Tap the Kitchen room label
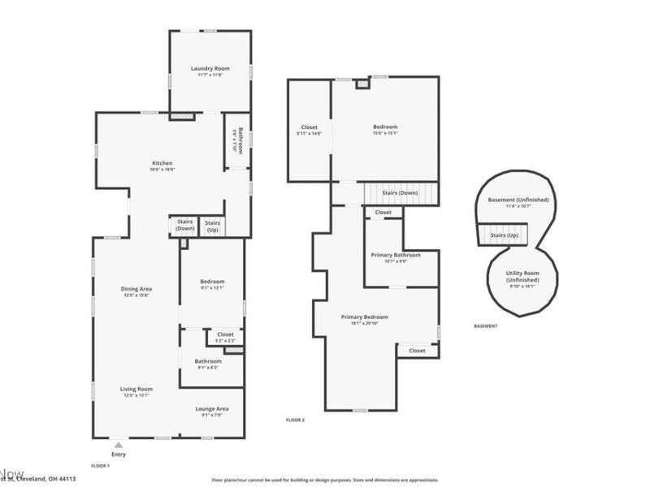(161, 163)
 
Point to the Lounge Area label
(211, 409)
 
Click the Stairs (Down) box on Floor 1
(184, 226)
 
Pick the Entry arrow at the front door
(119, 446)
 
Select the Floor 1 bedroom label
(211, 282)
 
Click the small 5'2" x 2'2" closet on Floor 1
(225, 335)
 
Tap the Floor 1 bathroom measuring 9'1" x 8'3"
(208, 362)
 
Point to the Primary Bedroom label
(364, 317)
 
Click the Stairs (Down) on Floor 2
(400, 193)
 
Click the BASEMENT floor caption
(485, 326)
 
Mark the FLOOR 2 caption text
(295, 420)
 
